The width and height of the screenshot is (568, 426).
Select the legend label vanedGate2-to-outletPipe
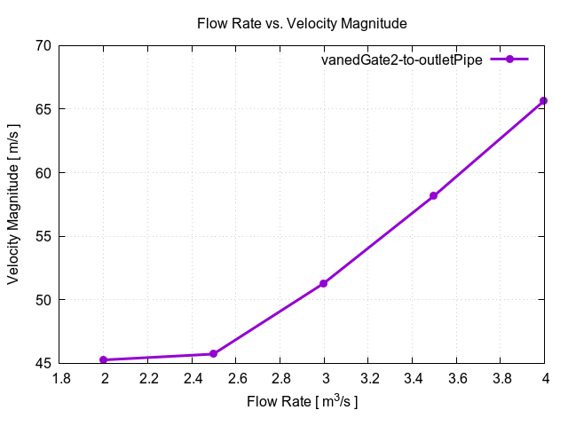[401, 59]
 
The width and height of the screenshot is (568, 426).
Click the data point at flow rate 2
[104, 359]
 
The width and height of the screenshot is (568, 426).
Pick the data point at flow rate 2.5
[214, 354]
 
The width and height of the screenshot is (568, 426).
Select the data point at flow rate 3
[324, 283]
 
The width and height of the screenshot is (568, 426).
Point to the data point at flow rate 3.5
[434, 195]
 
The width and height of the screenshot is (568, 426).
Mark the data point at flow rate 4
[544, 101]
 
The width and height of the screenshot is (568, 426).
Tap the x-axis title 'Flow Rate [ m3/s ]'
[302, 402]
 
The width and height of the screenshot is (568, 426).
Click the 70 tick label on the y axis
[42, 45]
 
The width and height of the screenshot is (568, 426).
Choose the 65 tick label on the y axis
[42, 109]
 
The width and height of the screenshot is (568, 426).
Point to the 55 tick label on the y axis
[42, 236]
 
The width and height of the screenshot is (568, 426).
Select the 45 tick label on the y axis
[42, 363]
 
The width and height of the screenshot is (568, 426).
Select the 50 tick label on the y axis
[42, 300]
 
